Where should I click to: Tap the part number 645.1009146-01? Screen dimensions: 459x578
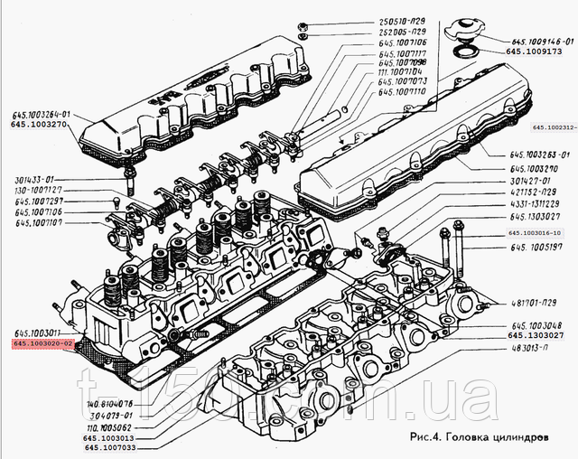(x=544, y=42)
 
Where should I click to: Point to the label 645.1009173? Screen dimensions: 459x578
(x=538, y=52)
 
